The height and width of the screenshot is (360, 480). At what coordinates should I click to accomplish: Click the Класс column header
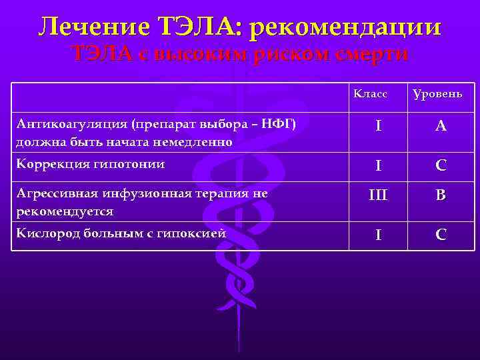pos(370,94)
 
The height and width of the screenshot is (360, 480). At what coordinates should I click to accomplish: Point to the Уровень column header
pos(437,94)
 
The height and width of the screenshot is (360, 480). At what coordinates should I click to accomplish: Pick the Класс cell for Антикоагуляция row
pos(378,126)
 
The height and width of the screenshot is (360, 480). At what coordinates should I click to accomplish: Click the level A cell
pos(441,126)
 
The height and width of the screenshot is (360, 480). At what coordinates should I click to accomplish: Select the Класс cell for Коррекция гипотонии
pos(378,165)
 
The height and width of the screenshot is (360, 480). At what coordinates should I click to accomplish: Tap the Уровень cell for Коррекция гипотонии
pos(441,165)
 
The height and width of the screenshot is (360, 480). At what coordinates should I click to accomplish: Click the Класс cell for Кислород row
pos(378,235)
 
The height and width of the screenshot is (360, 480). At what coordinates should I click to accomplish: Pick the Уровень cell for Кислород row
pos(441,235)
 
